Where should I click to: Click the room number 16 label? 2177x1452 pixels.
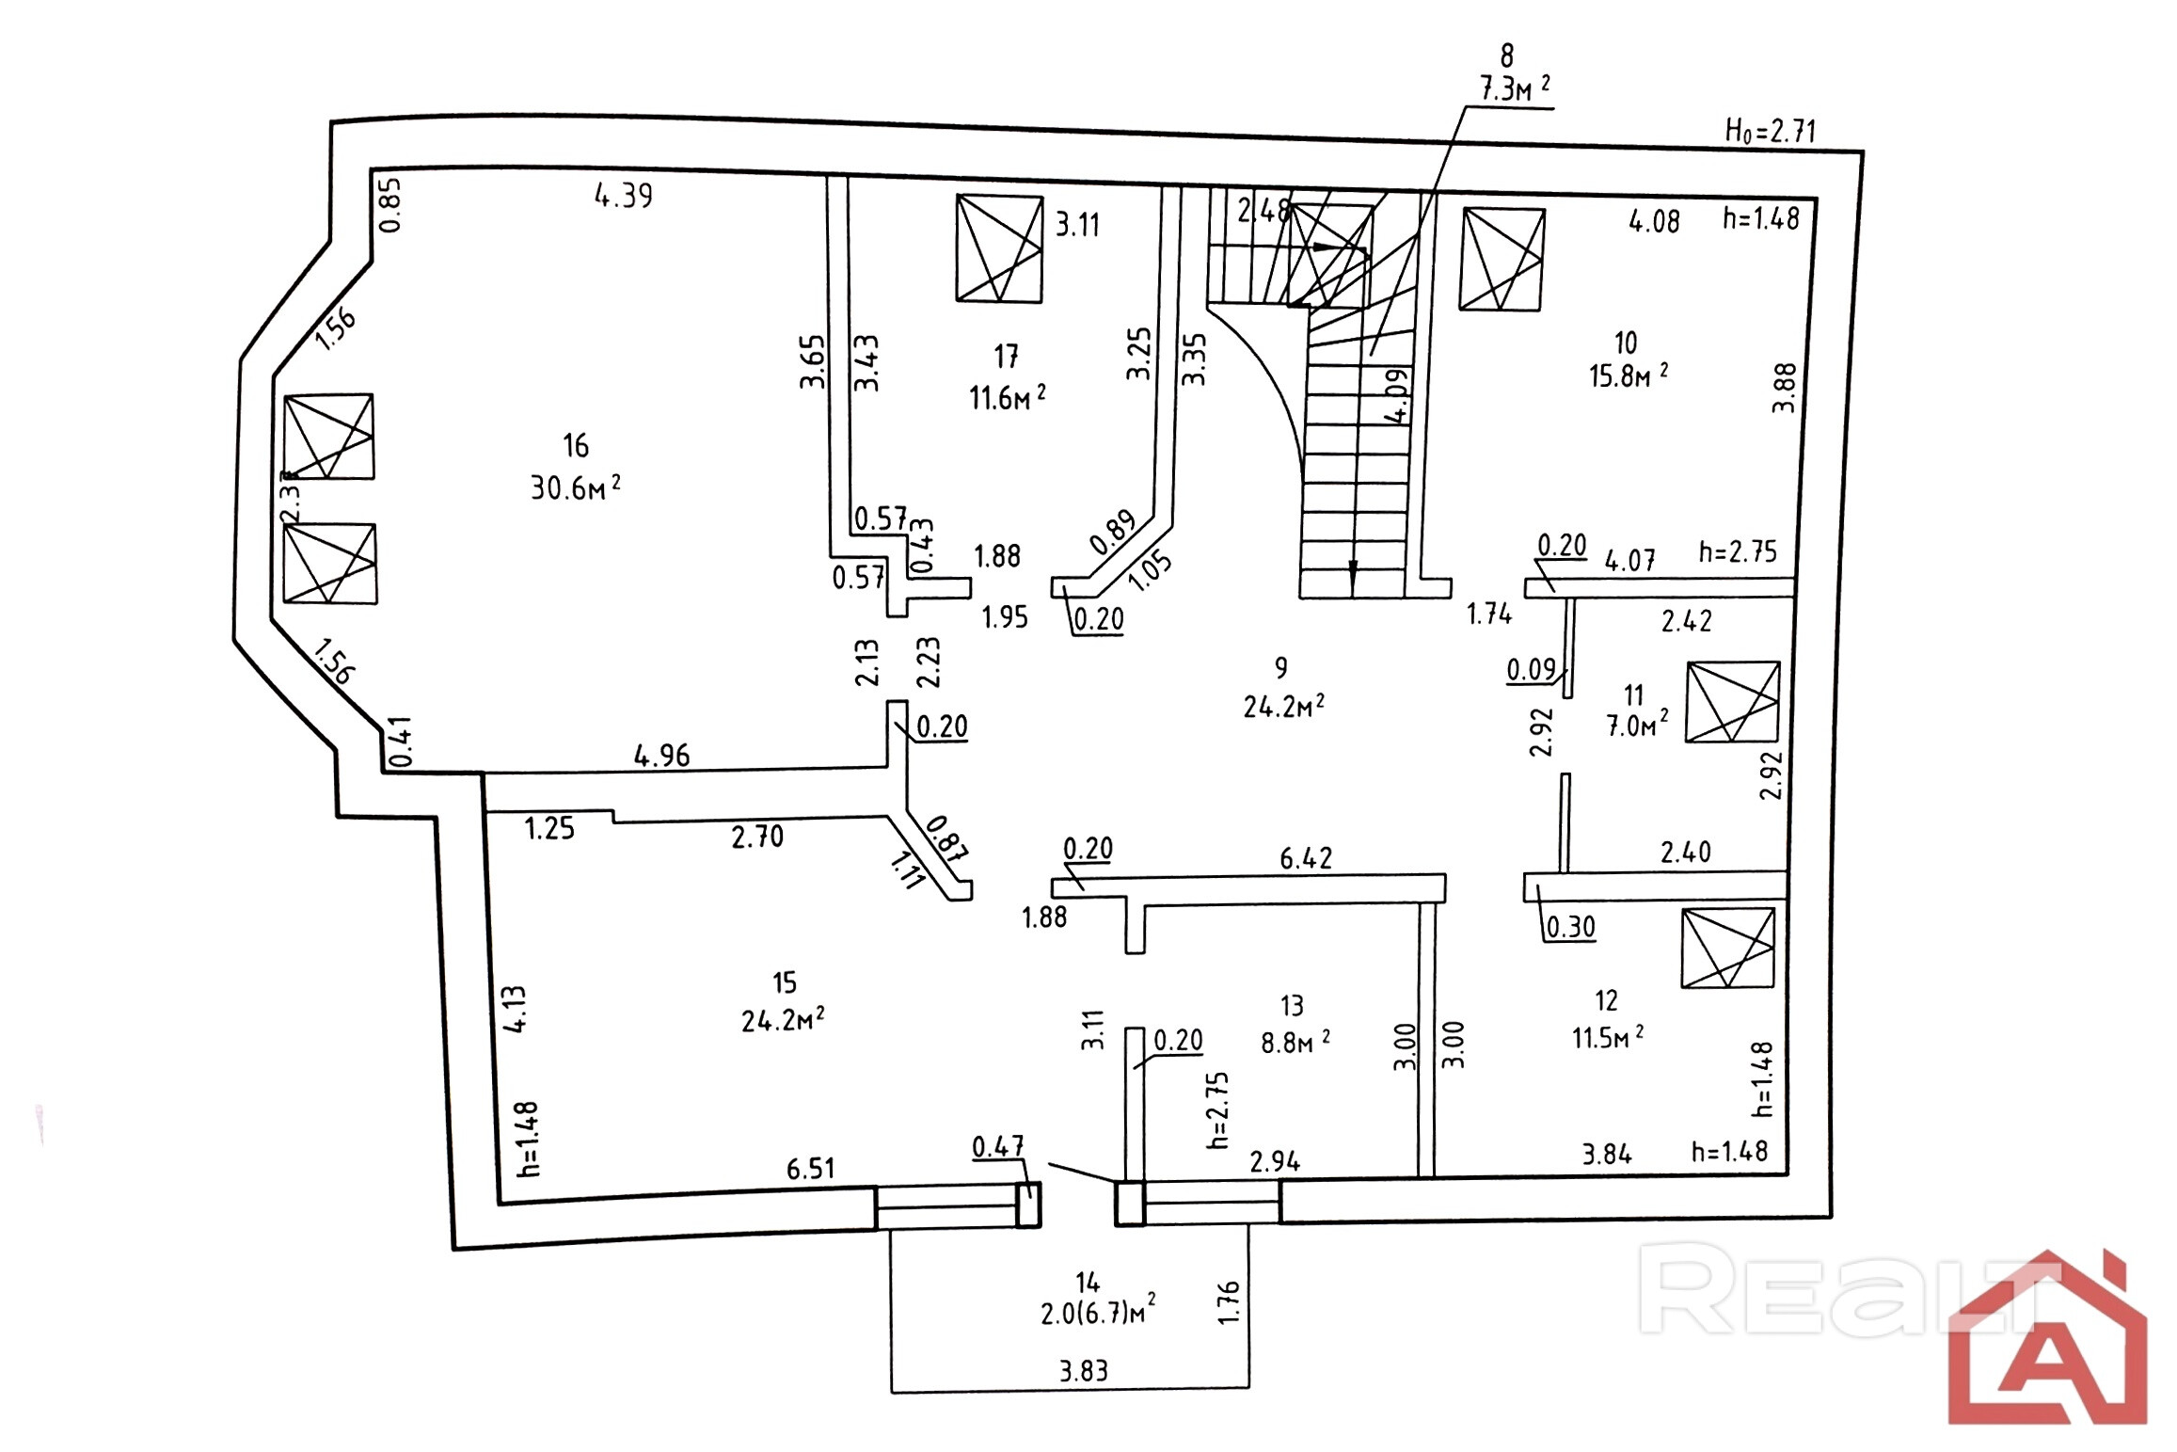point(575,445)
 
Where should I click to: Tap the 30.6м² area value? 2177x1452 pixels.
point(575,487)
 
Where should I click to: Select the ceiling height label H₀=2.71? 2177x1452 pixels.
point(1770,131)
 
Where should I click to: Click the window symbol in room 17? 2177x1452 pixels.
point(998,248)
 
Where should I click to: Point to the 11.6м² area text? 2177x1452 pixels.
point(1007,398)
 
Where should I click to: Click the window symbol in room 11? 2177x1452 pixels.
point(1732,702)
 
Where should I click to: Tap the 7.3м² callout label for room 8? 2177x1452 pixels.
point(1515,89)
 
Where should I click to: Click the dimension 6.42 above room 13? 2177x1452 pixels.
point(1306,858)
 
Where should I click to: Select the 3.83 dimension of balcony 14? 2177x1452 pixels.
point(1084,1371)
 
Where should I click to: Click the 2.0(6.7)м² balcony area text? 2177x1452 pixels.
point(1097,1312)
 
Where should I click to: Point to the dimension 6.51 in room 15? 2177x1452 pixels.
point(810,1169)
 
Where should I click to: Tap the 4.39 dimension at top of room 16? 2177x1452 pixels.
point(623,195)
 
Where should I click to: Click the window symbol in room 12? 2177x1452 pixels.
point(1727,948)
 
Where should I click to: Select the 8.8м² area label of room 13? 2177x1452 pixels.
point(1295,1043)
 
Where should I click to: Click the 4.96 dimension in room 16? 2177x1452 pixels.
point(661,756)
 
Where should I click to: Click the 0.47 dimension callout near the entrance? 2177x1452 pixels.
point(997,1147)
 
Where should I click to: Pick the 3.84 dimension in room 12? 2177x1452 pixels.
point(1606,1154)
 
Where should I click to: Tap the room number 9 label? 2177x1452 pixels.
point(1280,668)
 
